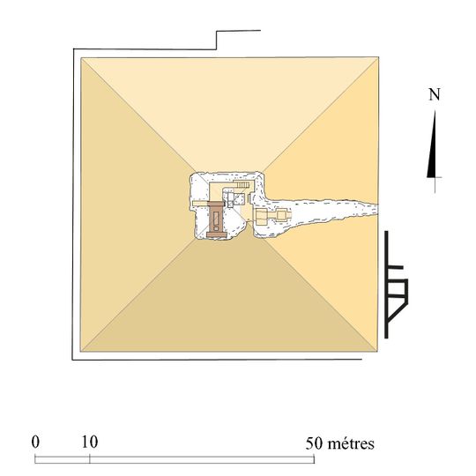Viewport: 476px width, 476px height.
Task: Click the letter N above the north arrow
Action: tap(435, 94)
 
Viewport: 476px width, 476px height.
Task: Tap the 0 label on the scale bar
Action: tap(35, 442)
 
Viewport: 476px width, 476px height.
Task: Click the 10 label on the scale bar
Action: tap(90, 442)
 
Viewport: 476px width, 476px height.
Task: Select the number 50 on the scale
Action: tap(314, 443)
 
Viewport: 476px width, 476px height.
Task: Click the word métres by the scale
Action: tap(351, 443)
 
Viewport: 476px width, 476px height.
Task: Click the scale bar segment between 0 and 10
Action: tap(63, 459)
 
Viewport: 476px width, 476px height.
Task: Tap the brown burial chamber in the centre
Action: tap(216, 219)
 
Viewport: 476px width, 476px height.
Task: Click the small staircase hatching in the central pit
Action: tap(243, 184)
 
